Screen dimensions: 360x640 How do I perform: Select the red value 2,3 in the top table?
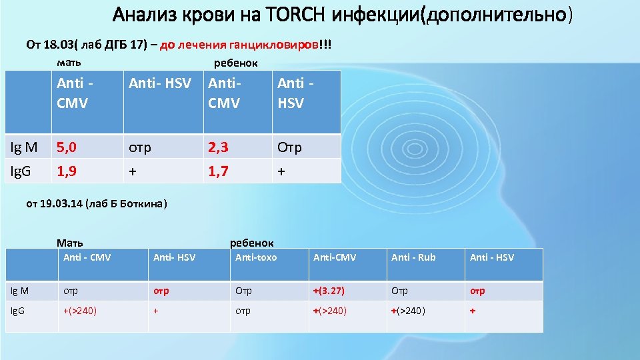(x=219, y=147)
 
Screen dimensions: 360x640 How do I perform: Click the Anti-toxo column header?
(x=256, y=257)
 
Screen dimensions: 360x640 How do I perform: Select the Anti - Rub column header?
(x=413, y=257)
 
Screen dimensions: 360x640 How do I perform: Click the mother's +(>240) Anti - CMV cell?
(x=80, y=310)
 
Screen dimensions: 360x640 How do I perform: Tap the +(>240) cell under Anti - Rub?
(x=409, y=310)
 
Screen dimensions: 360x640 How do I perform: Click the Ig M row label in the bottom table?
(x=19, y=291)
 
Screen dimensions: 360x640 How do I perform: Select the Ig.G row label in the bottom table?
(x=18, y=310)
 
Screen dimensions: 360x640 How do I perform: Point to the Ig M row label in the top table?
(x=23, y=147)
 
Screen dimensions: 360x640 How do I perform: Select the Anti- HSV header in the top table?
(x=160, y=83)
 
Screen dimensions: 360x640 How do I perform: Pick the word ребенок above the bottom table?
(x=251, y=243)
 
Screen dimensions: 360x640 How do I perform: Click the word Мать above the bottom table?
(x=70, y=243)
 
